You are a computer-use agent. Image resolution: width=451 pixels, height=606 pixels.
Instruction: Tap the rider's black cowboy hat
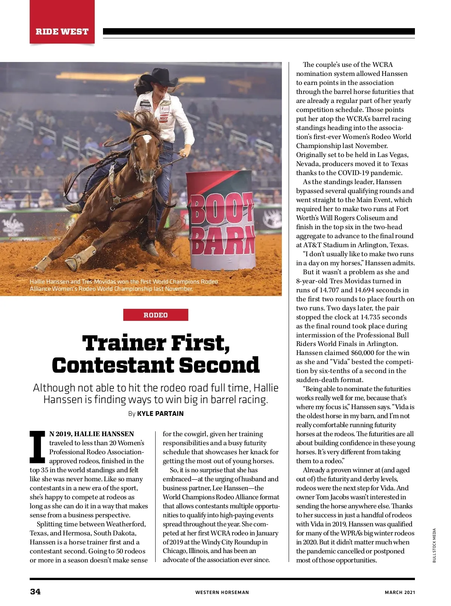[x=160, y=77]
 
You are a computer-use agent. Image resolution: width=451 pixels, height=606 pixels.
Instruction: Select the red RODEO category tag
[x=156, y=315]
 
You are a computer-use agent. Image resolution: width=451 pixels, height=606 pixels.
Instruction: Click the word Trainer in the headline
[x=124, y=343]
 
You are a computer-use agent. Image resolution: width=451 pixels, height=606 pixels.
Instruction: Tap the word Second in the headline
[x=219, y=365]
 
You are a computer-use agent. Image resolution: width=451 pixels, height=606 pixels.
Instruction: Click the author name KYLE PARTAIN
[x=160, y=414]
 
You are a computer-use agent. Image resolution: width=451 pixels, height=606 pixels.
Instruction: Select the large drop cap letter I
[x=38, y=447]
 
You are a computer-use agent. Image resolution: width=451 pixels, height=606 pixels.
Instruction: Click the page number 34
[x=35, y=592]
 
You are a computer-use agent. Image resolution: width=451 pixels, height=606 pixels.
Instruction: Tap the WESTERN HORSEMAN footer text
[x=222, y=592]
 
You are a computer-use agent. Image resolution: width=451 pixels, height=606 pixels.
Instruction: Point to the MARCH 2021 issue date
[x=400, y=592]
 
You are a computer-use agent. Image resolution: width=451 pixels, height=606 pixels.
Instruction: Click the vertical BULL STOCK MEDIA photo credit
[x=434, y=546]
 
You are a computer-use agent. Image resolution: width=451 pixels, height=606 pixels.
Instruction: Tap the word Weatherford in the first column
[x=126, y=524]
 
